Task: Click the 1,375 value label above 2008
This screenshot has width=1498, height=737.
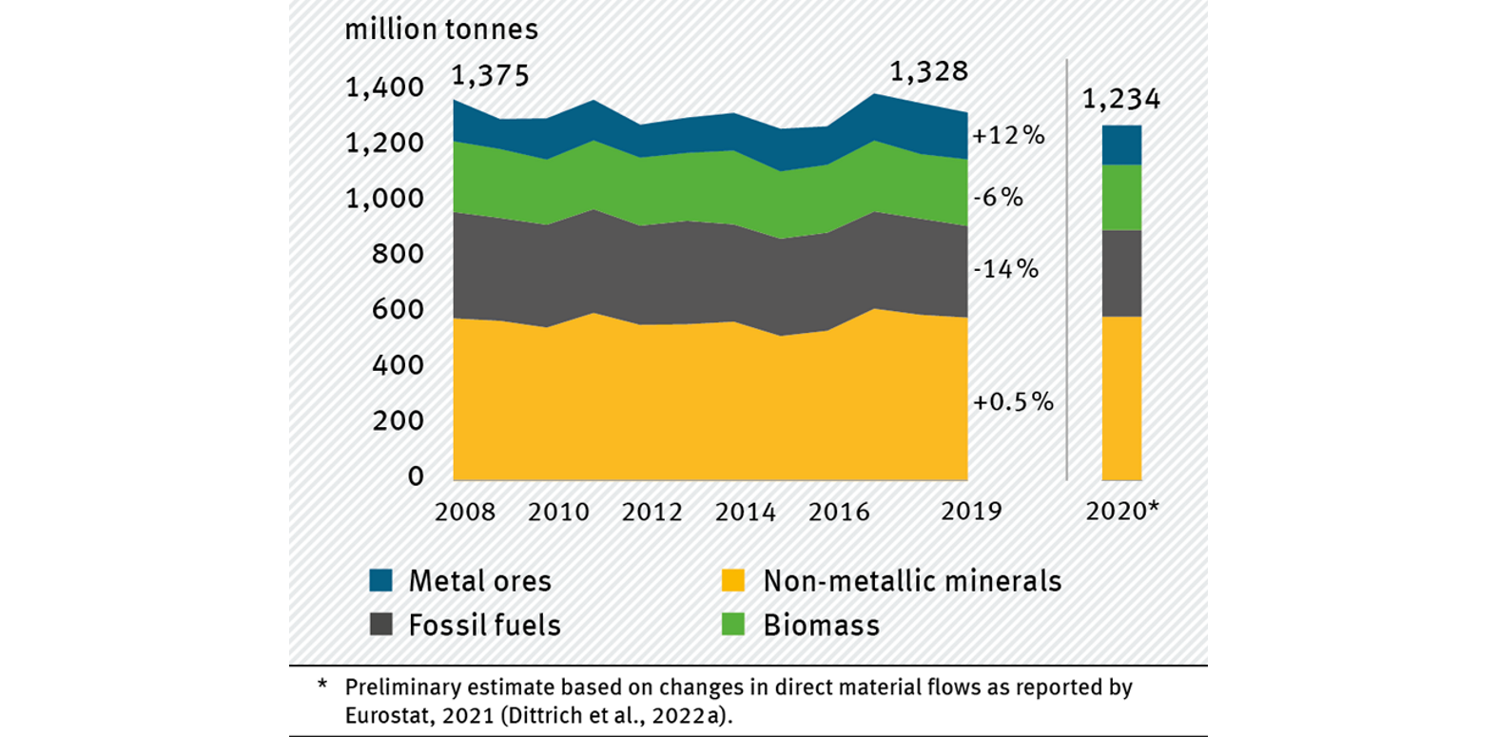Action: tap(490, 75)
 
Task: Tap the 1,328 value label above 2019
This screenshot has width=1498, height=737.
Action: tap(928, 71)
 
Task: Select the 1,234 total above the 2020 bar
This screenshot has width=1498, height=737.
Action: tap(1121, 99)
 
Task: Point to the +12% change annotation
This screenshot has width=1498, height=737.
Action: tap(1008, 136)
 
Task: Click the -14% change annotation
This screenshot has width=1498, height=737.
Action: tap(1005, 269)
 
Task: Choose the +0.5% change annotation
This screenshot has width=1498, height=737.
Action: tap(1013, 402)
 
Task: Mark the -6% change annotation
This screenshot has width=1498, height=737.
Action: tap(998, 198)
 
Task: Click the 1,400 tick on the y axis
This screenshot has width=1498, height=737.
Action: tap(384, 87)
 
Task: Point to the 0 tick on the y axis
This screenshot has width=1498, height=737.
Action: tap(416, 476)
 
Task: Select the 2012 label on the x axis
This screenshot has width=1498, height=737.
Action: tap(652, 513)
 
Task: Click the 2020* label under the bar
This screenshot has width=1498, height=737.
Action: tap(1122, 512)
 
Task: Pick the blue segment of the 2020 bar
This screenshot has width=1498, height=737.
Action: tap(1121, 145)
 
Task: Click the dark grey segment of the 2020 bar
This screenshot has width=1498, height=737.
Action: tap(1121, 273)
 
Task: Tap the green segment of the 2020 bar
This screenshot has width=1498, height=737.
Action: tap(1121, 198)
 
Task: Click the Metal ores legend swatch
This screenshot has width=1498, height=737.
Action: tap(381, 581)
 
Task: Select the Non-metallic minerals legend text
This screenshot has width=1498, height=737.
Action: tap(911, 581)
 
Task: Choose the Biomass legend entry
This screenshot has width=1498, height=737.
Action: tap(821, 626)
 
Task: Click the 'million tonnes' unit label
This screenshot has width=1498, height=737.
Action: tap(441, 29)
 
